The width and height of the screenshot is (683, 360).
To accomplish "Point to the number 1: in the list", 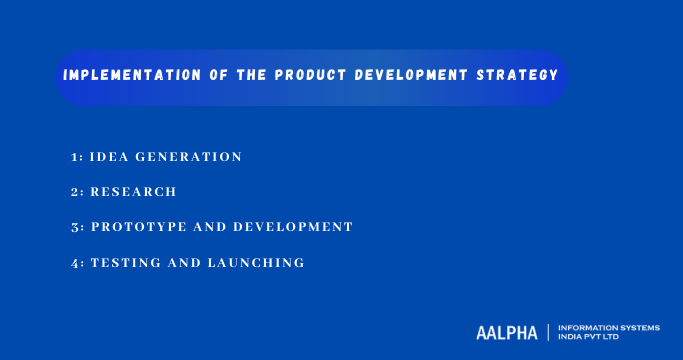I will [x=77, y=157].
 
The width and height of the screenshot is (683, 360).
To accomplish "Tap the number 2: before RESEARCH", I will [x=77, y=192].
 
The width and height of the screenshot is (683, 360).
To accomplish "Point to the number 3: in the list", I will [x=77, y=227].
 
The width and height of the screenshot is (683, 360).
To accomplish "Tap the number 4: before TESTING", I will [x=77, y=262].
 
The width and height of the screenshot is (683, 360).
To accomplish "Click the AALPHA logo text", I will [x=507, y=332].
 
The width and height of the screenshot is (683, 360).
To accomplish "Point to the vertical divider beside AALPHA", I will [x=547, y=332].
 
